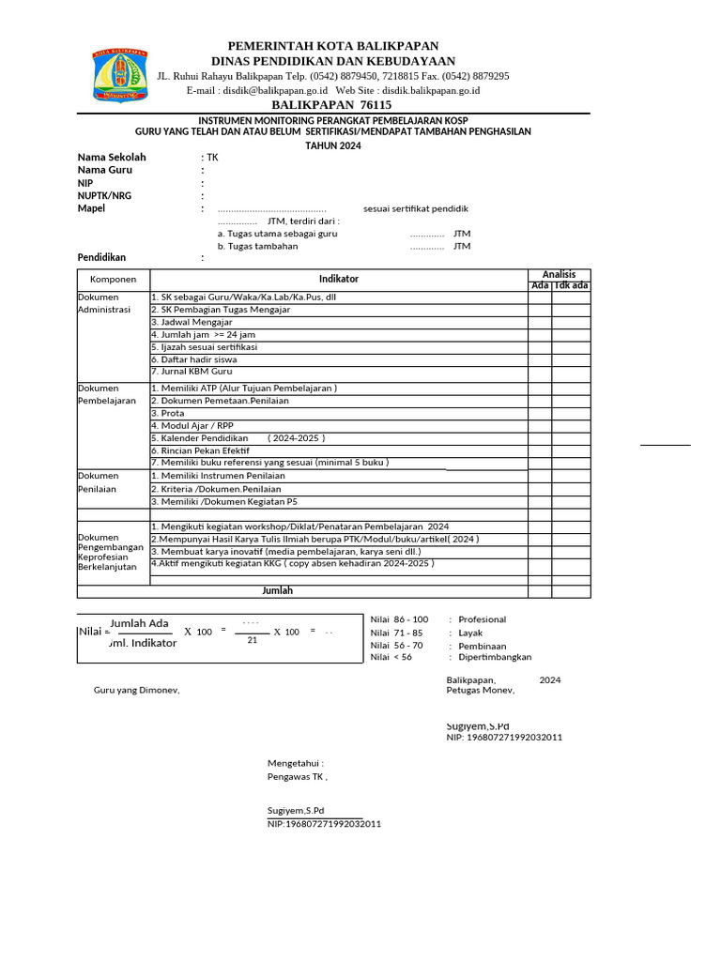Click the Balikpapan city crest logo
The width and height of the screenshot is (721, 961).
click(119, 75)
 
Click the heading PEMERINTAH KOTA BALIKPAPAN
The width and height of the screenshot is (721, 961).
click(333, 46)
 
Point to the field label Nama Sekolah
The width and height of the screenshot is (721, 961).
click(112, 158)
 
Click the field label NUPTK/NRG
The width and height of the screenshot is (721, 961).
click(104, 195)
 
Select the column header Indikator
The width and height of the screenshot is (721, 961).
click(338, 279)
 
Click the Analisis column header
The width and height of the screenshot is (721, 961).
click(559, 274)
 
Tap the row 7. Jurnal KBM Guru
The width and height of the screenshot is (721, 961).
click(192, 372)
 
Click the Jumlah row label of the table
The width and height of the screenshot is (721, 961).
click(277, 591)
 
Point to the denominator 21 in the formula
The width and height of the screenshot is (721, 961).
click(252, 640)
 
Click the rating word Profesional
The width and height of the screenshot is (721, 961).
click(482, 619)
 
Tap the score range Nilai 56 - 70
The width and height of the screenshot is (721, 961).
click(397, 646)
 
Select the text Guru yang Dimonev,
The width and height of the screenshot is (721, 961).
click(136, 691)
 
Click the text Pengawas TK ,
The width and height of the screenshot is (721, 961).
click(298, 777)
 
